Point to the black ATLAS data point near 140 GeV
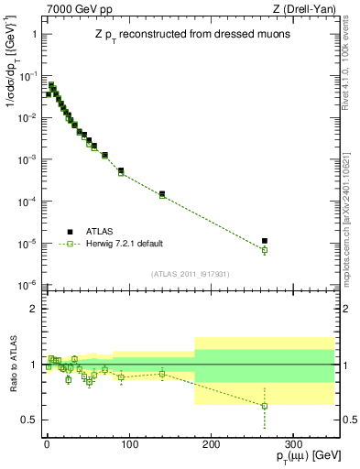coord(162,194)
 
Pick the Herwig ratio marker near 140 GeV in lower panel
coord(162,374)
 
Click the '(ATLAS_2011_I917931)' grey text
coord(186,275)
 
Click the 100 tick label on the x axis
coord(129,442)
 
